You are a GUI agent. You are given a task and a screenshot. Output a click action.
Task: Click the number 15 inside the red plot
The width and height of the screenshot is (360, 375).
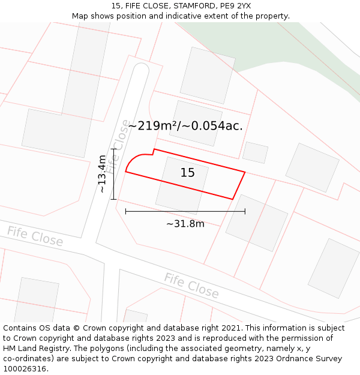pos(187,173)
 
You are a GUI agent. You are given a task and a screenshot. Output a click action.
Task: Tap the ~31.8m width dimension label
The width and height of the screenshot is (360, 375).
pos(185,224)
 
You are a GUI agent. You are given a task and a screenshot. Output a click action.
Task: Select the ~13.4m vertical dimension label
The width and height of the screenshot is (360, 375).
pos(103,173)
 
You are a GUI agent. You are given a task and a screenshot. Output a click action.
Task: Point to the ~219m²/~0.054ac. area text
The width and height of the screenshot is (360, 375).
pos(185,125)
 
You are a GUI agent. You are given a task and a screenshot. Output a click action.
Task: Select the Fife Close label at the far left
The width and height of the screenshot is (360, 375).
pos(35,236)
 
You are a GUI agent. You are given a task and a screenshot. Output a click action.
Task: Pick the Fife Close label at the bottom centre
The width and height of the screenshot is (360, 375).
pos(191,285)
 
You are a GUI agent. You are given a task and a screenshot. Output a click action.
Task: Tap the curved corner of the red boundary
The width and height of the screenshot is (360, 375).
pos(133,160)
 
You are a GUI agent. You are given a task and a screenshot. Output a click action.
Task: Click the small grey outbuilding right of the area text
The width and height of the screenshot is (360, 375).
pos(255,152)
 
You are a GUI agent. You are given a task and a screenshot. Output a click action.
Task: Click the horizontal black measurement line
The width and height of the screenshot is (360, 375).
pos(185,211)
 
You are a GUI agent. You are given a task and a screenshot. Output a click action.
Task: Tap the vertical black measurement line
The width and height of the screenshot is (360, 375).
pos(113,173)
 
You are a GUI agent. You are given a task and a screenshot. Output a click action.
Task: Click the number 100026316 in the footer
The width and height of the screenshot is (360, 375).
pos(25,368)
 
